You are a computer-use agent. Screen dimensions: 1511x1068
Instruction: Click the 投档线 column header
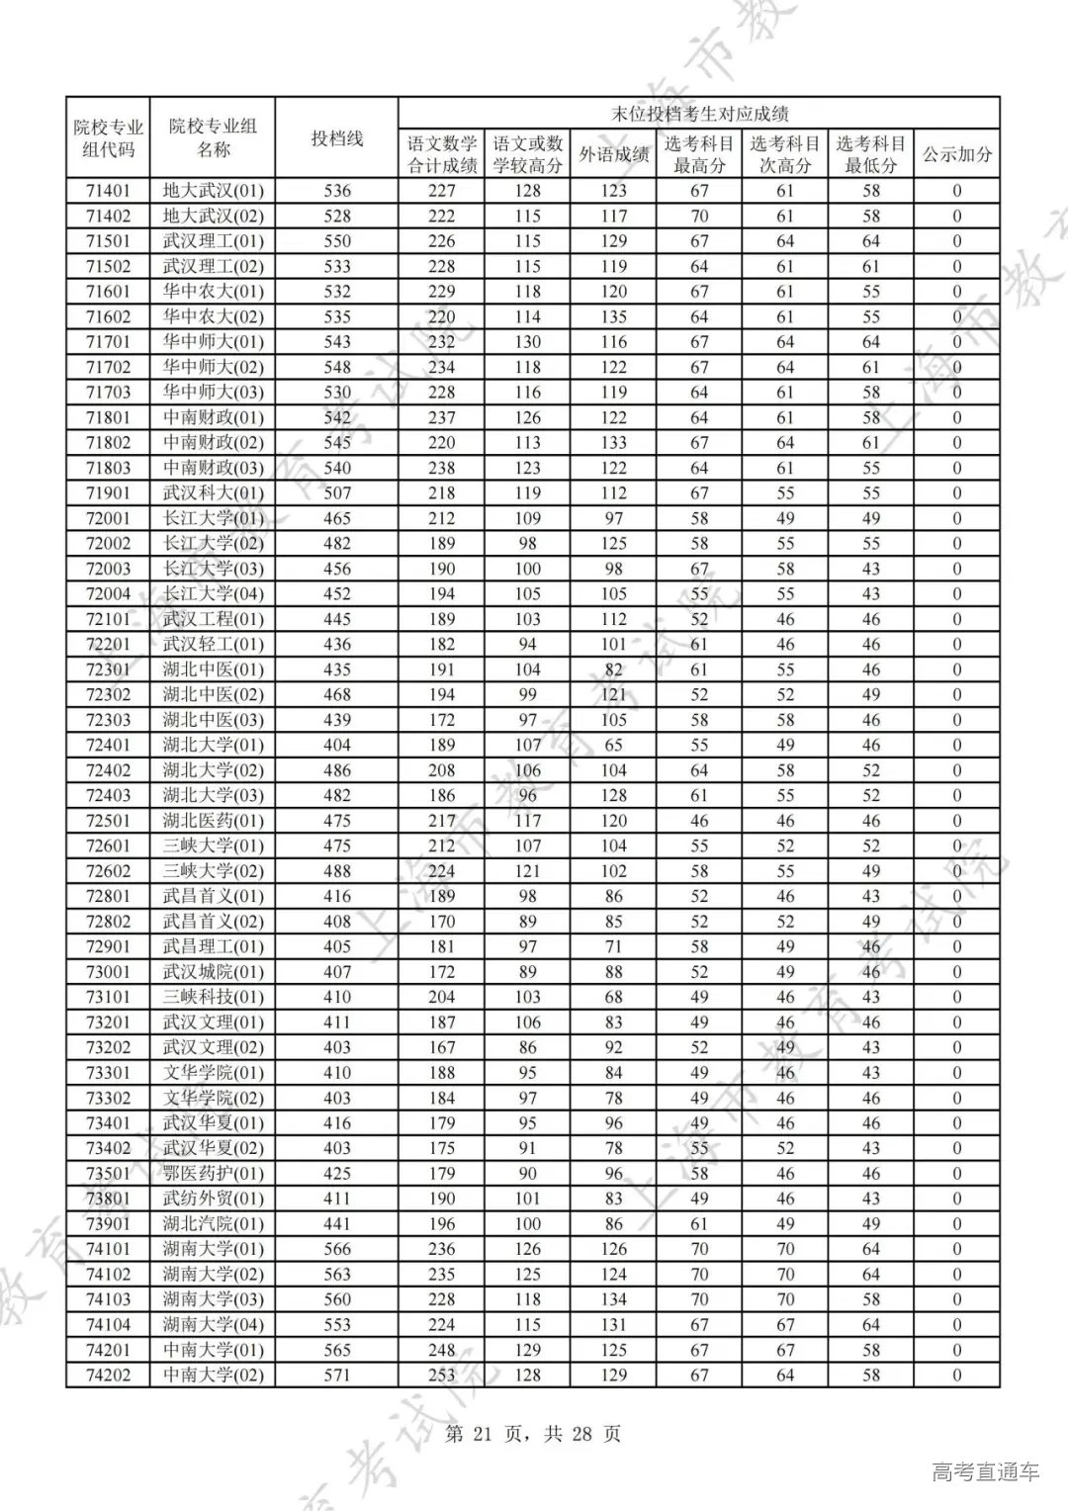coord(337,138)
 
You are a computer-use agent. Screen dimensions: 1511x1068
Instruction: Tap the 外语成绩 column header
coord(613,154)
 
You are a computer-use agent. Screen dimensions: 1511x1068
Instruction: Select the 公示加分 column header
coord(956,154)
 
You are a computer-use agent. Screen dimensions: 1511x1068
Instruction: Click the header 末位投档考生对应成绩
coord(699,114)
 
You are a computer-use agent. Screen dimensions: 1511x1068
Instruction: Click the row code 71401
coord(109,191)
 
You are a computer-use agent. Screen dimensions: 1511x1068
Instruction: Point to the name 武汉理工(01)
coord(214,241)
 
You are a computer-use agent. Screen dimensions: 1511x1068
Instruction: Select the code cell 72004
coord(109,594)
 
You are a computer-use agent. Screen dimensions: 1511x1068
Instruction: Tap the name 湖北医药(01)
coord(214,821)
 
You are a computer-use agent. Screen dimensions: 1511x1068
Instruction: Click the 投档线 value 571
coord(337,1375)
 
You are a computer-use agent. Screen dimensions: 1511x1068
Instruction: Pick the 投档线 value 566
coord(337,1249)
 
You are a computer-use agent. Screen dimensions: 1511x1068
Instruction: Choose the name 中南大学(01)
coord(214,1350)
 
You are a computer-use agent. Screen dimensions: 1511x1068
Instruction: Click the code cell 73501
coord(109,1174)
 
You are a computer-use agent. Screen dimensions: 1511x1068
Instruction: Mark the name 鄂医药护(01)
coord(214,1174)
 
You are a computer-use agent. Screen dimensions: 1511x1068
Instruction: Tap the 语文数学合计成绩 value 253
coord(442,1375)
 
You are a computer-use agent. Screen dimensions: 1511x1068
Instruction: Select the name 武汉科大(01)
coord(214,493)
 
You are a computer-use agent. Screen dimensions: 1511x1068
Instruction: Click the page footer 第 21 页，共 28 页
coord(534,1434)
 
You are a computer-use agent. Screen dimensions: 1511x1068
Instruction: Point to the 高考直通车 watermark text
coord(985,1472)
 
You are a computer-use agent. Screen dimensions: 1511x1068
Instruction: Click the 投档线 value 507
coord(337,493)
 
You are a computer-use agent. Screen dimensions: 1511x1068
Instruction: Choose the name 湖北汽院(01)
coord(214,1224)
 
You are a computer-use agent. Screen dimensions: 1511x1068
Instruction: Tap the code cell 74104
coord(109,1325)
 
